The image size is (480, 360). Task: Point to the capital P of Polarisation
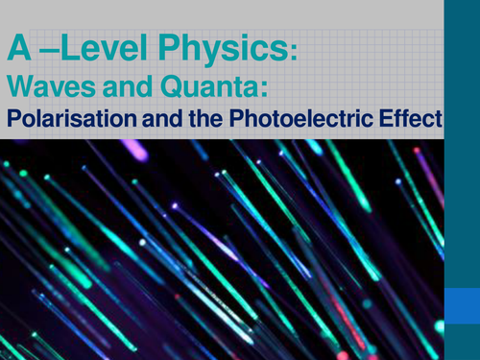pyautogui.click(x=12, y=120)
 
